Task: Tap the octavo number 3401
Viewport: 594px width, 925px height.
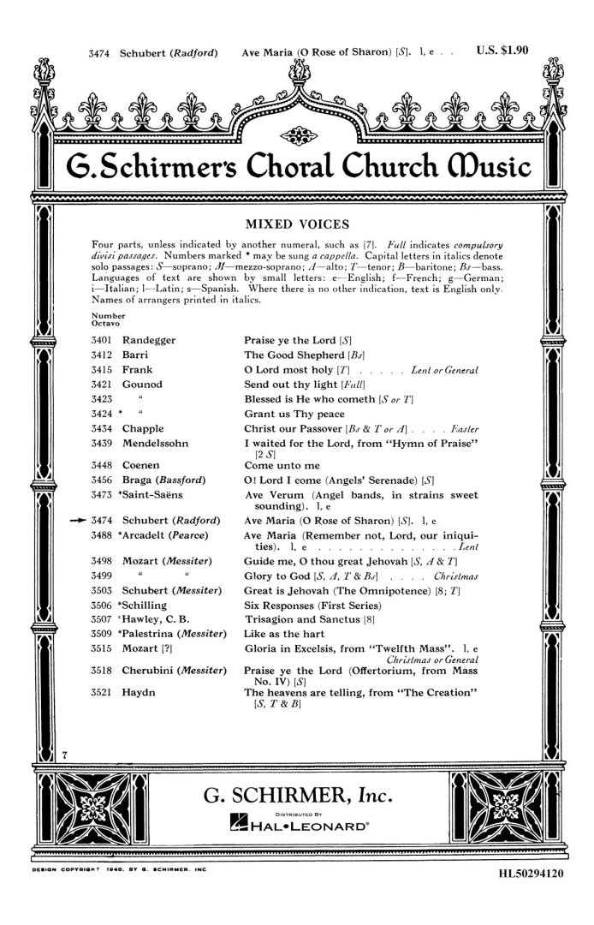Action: point(100,340)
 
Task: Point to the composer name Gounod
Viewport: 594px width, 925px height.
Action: point(142,385)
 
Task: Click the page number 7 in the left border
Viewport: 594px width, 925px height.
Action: point(64,751)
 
